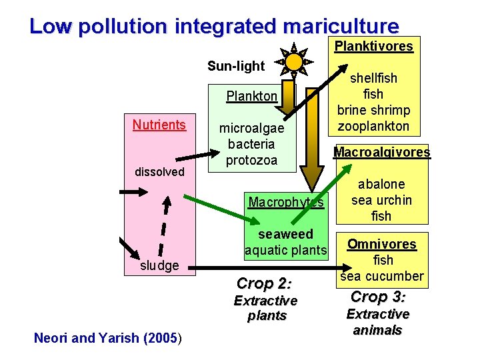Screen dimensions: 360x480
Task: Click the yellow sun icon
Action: tap(293, 61)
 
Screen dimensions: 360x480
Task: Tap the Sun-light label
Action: tap(236, 66)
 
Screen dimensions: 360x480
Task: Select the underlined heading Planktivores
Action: tap(373, 47)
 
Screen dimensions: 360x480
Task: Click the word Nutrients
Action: tap(159, 125)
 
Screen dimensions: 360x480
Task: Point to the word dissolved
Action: tap(159, 172)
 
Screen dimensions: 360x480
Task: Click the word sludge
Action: tap(159, 265)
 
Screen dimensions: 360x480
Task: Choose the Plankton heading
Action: tap(251, 96)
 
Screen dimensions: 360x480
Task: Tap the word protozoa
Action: tap(251, 160)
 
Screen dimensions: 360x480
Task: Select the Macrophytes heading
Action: tap(285, 201)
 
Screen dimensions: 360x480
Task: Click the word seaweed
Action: tap(285, 235)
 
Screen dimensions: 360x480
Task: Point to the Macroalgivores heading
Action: tap(382, 152)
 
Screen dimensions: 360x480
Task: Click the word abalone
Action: tap(381, 184)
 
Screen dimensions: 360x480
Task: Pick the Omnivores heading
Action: tap(381, 244)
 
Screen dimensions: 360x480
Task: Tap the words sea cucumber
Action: tap(381, 276)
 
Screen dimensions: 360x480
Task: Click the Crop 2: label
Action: tap(265, 283)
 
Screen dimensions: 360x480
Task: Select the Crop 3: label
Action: tap(378, 297)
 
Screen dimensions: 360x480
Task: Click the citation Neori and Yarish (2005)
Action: tap(107, 338)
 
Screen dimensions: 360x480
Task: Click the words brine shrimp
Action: tap(373, 110)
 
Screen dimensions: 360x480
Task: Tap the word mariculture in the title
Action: tap(341, 26)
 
